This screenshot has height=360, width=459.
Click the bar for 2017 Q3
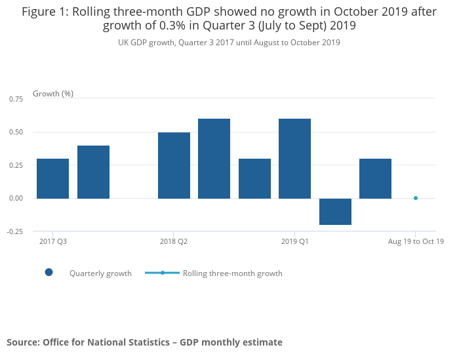coord(52,178)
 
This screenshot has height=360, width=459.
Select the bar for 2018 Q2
coord(174,165)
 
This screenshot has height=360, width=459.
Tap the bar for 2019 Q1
coord(294,158)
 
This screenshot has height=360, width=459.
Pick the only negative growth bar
coord(335,211)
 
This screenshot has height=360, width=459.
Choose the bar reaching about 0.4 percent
coord(93,172)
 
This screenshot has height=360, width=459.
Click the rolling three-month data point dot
coord(416,198)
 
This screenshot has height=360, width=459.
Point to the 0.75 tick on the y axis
coord(16,99)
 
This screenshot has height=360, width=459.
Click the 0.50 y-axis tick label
coord(16,132)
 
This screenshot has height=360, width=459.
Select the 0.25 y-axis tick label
coord(16,165)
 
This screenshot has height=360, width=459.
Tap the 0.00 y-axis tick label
coord(16,198)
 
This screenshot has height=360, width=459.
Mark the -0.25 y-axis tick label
coord(14,231)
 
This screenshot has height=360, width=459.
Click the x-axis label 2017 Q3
coord(52,242)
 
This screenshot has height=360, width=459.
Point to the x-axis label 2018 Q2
coord(174,242)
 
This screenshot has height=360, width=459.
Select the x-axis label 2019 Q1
coord(294,242)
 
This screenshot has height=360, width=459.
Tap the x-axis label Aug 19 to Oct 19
coord(416,242)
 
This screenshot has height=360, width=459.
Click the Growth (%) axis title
coord(53,94)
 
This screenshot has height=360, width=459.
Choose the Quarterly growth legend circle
coord(49,273)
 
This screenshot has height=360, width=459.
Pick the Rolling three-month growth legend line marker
coord(162,273)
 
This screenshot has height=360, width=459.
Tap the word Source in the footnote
coord(22,342)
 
